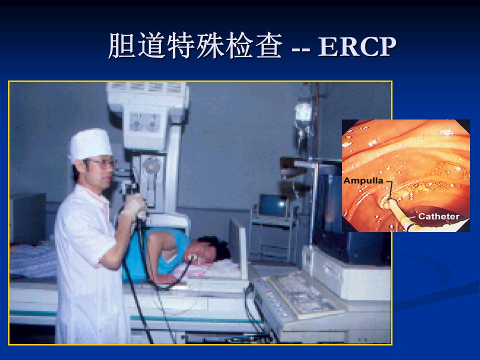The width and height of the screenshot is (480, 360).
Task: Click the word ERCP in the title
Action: click(x=357, y=47)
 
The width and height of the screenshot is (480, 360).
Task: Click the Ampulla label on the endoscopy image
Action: click(x=363, y=180)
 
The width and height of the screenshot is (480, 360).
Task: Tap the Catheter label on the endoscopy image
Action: click(x=438, y=216)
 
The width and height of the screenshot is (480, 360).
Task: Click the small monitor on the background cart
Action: click(x=272, y=205)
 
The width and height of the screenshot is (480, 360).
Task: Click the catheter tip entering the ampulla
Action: click(x=387, y=201)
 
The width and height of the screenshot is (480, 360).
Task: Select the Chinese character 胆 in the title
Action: click(x=122, y=46)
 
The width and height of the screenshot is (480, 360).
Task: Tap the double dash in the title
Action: click(x=301, y=49)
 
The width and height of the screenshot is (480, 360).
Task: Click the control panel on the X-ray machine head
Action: click(x=145, y=122)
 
